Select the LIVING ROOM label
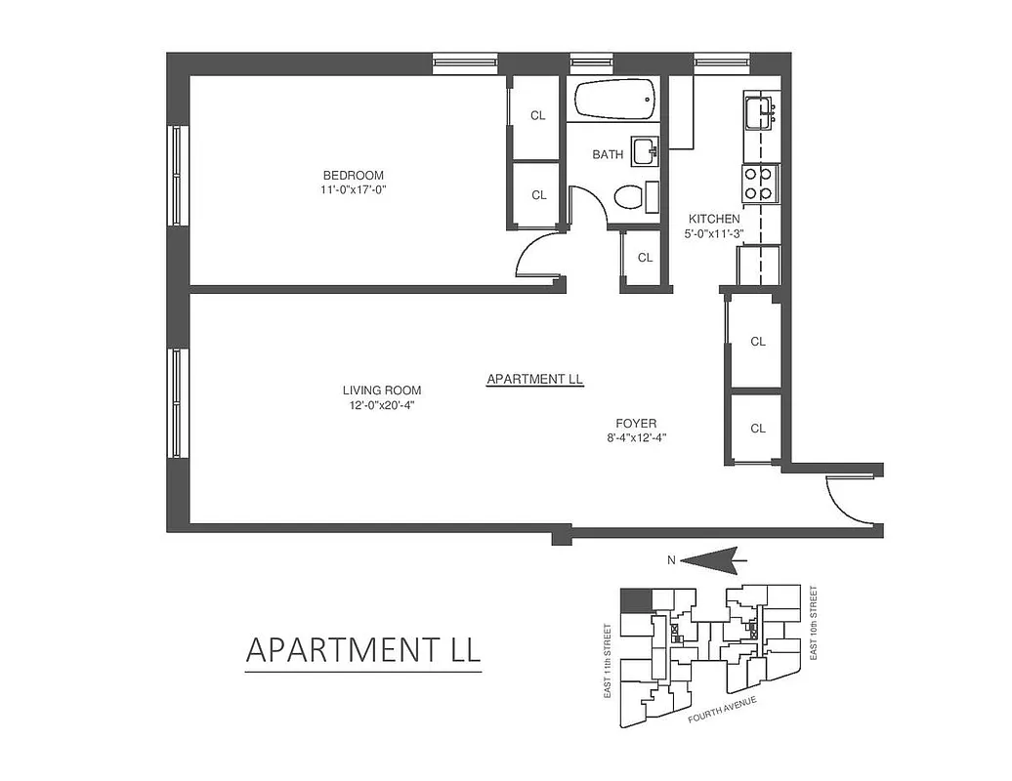pyautogui.click(x=381, y=390)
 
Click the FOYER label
pyautogui.click(x=635, y=424)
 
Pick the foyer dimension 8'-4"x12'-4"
pyautogui.click(x=635, y=437)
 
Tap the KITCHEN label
pyautogui.click(x=714, y=219)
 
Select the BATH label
pyautogui.click(x=608, y=154)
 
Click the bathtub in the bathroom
pyautogui.click(x=614, y=99)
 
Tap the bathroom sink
pyautogui.click(x=645, y=150)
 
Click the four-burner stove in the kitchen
pyautogui.click(x=760, y=183)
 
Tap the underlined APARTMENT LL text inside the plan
pyautogui.click(x=534, y=379)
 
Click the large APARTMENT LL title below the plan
pyautogui.click(x=362, y=650)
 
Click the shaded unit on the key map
pyautogui.click(x=635, y=599)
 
